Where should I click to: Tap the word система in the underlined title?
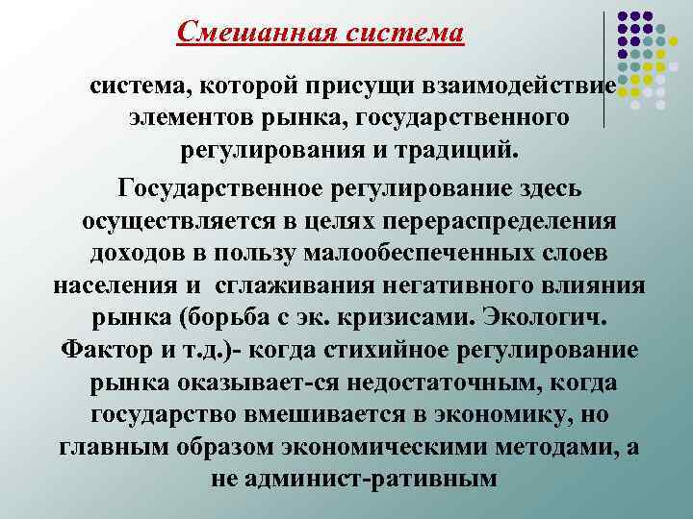(x=403, y=32)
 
